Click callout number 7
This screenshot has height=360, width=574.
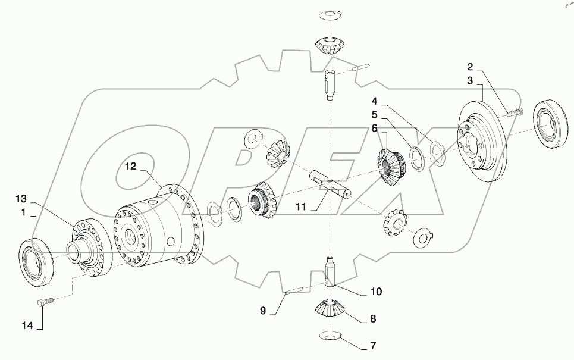click(374, 345)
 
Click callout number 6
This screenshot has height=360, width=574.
click(374, 128)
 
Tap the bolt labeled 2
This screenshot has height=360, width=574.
click(512, 111)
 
